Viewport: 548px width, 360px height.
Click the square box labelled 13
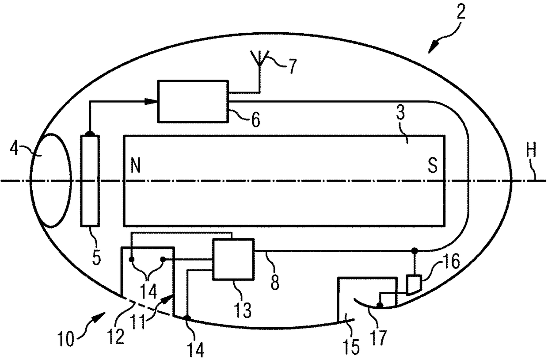tap(233, 259)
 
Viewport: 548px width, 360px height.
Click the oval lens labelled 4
tap(50, 180)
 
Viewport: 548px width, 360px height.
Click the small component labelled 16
tap(413, 284)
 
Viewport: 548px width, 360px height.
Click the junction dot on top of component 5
tap(90, 133)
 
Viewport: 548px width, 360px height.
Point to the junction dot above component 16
tap(414, 251)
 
